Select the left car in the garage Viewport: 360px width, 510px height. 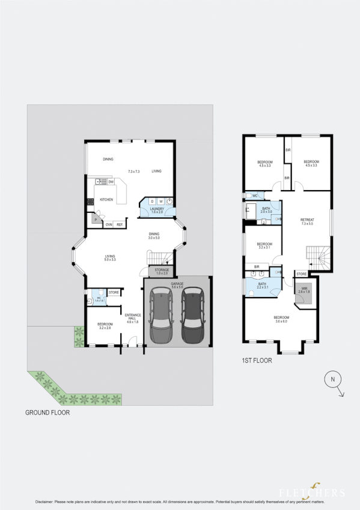point(160,315)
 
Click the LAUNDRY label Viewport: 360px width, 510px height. point(157,209)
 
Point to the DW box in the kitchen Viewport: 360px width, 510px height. point(111,182)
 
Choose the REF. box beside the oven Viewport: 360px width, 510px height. point(120,225)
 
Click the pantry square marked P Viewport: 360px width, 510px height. point(95,221)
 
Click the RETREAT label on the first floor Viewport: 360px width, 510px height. point(307,220)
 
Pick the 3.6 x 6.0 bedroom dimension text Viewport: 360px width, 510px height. point(281,322)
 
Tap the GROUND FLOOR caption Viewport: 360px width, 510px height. point(47,413)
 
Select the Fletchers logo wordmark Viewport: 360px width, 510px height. point(319,493)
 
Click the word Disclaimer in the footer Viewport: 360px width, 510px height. point(46,502)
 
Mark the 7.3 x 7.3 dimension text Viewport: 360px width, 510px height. point(133,171)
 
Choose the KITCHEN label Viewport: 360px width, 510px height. point(106,200)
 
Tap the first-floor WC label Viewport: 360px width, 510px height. point(255,196)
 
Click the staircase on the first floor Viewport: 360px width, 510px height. point(317,257)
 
